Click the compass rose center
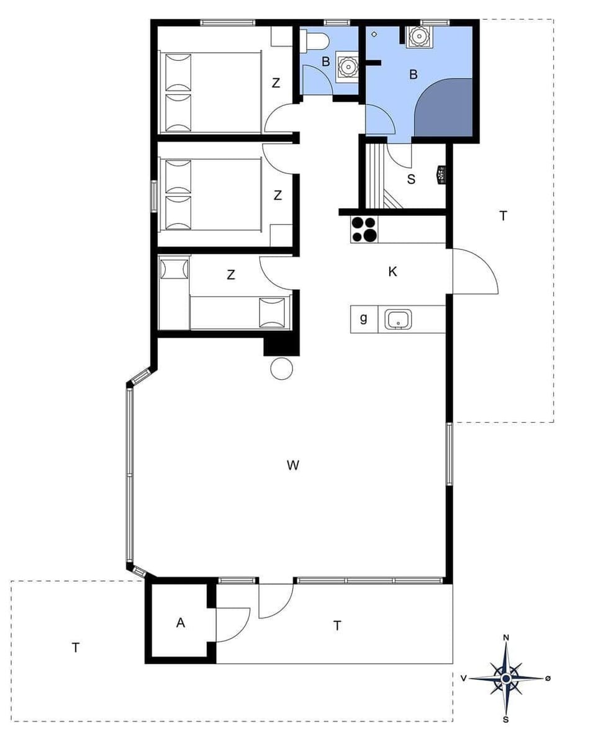[506, 678]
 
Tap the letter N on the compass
[506, 638]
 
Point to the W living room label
[294, 465]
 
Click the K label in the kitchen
[392, 272]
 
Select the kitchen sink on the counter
[396, 320]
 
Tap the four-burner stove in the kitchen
[364, 229]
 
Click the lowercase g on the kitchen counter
[364, 319]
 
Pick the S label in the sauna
[411, 179]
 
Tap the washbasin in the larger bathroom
[418, 37]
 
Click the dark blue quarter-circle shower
[447, 112]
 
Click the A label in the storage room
[181, 623]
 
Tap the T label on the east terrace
[503, 216]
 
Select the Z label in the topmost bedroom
[276, 83]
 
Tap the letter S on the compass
[506, 720]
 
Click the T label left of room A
[76, 648]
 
